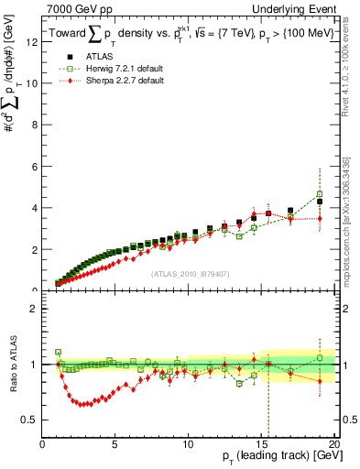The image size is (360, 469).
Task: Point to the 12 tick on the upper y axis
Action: coord(34,41)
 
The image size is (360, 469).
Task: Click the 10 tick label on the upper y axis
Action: coord(34,83)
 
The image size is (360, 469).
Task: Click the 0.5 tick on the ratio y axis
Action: coord(31,420)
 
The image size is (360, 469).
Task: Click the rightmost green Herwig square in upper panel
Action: coord(320,194)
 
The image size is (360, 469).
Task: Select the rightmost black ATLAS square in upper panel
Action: coord(320,202)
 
